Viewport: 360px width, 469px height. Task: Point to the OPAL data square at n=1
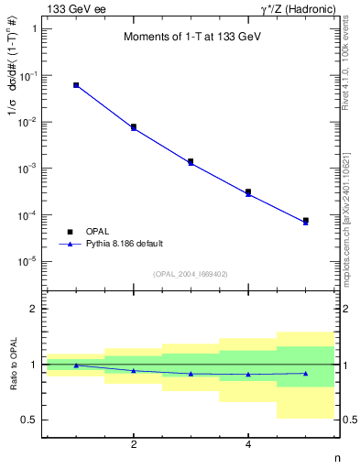pyautogui.click(x=76, y=85)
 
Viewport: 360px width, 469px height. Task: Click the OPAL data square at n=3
pyautogui.click(x=191, y=161)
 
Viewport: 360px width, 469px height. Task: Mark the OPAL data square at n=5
pyautogui.click(x=305, y=221)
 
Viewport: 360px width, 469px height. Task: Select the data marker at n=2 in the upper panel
pyautogui.click(x=134, y=127)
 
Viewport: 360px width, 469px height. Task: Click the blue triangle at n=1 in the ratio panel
pyautogui.click(x=76, y=365)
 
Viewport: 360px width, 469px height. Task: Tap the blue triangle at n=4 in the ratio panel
pyautogui.click(x=248, y=374)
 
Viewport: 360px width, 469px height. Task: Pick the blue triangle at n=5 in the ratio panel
pyautogui.click(x=305, y=373)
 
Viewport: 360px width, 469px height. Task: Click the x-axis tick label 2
pyautogui.click(x=134, y=445)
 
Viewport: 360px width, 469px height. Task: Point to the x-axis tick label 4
pyautogui.click(x=248, y=445)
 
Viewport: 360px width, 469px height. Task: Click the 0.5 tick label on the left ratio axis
pyautogui.click(x=28, y=420)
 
